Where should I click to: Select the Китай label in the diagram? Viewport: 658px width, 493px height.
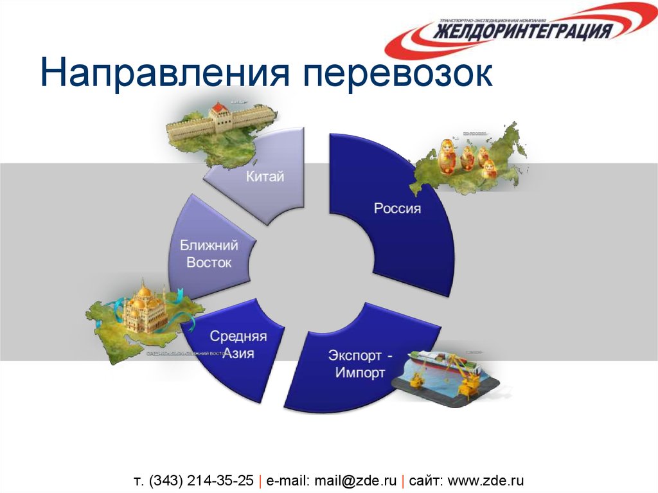click(265, 176)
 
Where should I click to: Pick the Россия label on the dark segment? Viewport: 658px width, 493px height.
click(397, 208)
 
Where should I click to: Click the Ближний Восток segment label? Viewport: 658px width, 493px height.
click(209, 254)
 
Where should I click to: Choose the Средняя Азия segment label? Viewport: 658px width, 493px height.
click(238, 345)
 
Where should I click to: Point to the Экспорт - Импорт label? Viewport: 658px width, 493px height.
click(360, 364)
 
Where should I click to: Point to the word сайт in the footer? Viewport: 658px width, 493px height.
click(425, 480)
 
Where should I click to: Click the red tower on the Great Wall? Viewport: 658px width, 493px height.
click(219, 111)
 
